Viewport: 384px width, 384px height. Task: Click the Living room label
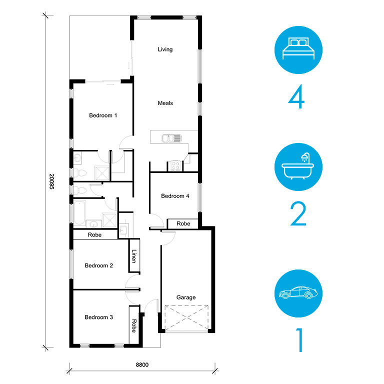point(165,49)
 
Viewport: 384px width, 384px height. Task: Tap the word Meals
point(165,103)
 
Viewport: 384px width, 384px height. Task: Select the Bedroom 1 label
point(103,115)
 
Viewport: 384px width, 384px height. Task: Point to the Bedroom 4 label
point(175,196)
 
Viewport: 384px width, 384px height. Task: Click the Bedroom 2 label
point(98,265)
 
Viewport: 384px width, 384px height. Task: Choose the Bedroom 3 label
point(98,317)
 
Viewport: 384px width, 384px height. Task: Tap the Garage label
point(186,297)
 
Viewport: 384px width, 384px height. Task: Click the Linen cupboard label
point(134,256)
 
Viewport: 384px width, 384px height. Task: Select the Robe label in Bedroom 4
point(183,223)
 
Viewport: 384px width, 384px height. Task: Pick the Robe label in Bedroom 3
point(134,325)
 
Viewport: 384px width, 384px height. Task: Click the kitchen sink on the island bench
point(171,138)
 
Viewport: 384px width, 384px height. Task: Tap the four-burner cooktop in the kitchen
point(175,165)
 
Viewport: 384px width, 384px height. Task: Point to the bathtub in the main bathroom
point(80,212)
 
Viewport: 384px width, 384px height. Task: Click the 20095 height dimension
point(51,181)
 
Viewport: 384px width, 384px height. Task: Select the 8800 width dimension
point(142,364)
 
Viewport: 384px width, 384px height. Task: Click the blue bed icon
point(298,50)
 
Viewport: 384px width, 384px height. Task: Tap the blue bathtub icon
point(298,167)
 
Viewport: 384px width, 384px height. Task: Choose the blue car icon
point(298,293)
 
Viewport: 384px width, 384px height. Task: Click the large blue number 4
point(296,96)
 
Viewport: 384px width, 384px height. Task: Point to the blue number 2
point(298,214)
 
